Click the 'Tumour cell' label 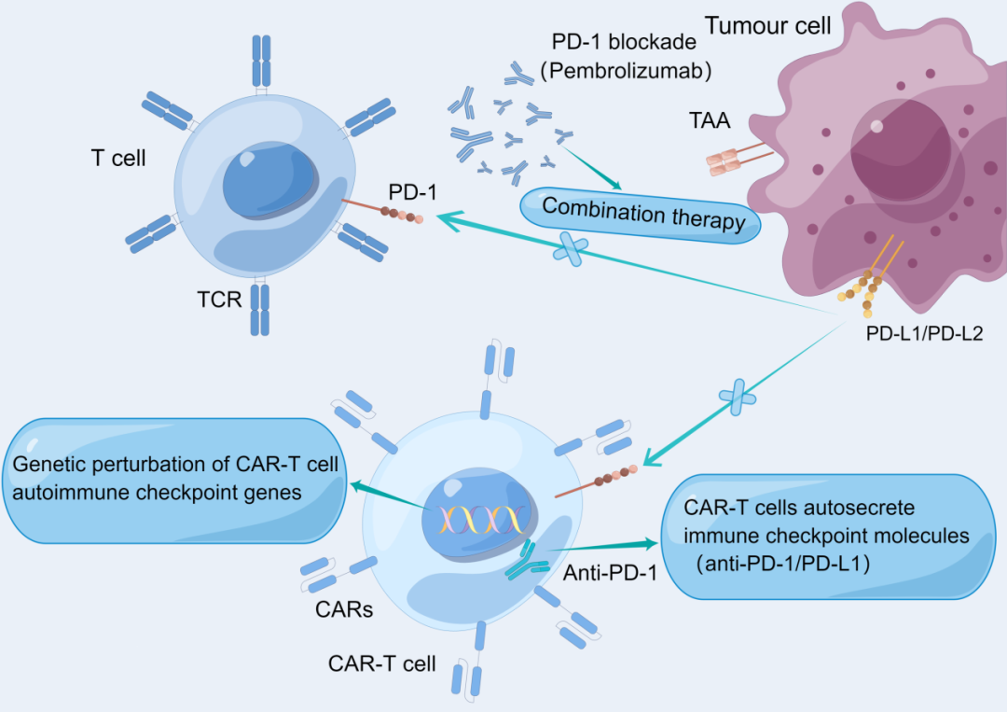coord(767,25)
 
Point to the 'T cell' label coord(118,159)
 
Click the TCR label coord(220,300)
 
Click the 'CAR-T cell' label coord(381,663)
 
